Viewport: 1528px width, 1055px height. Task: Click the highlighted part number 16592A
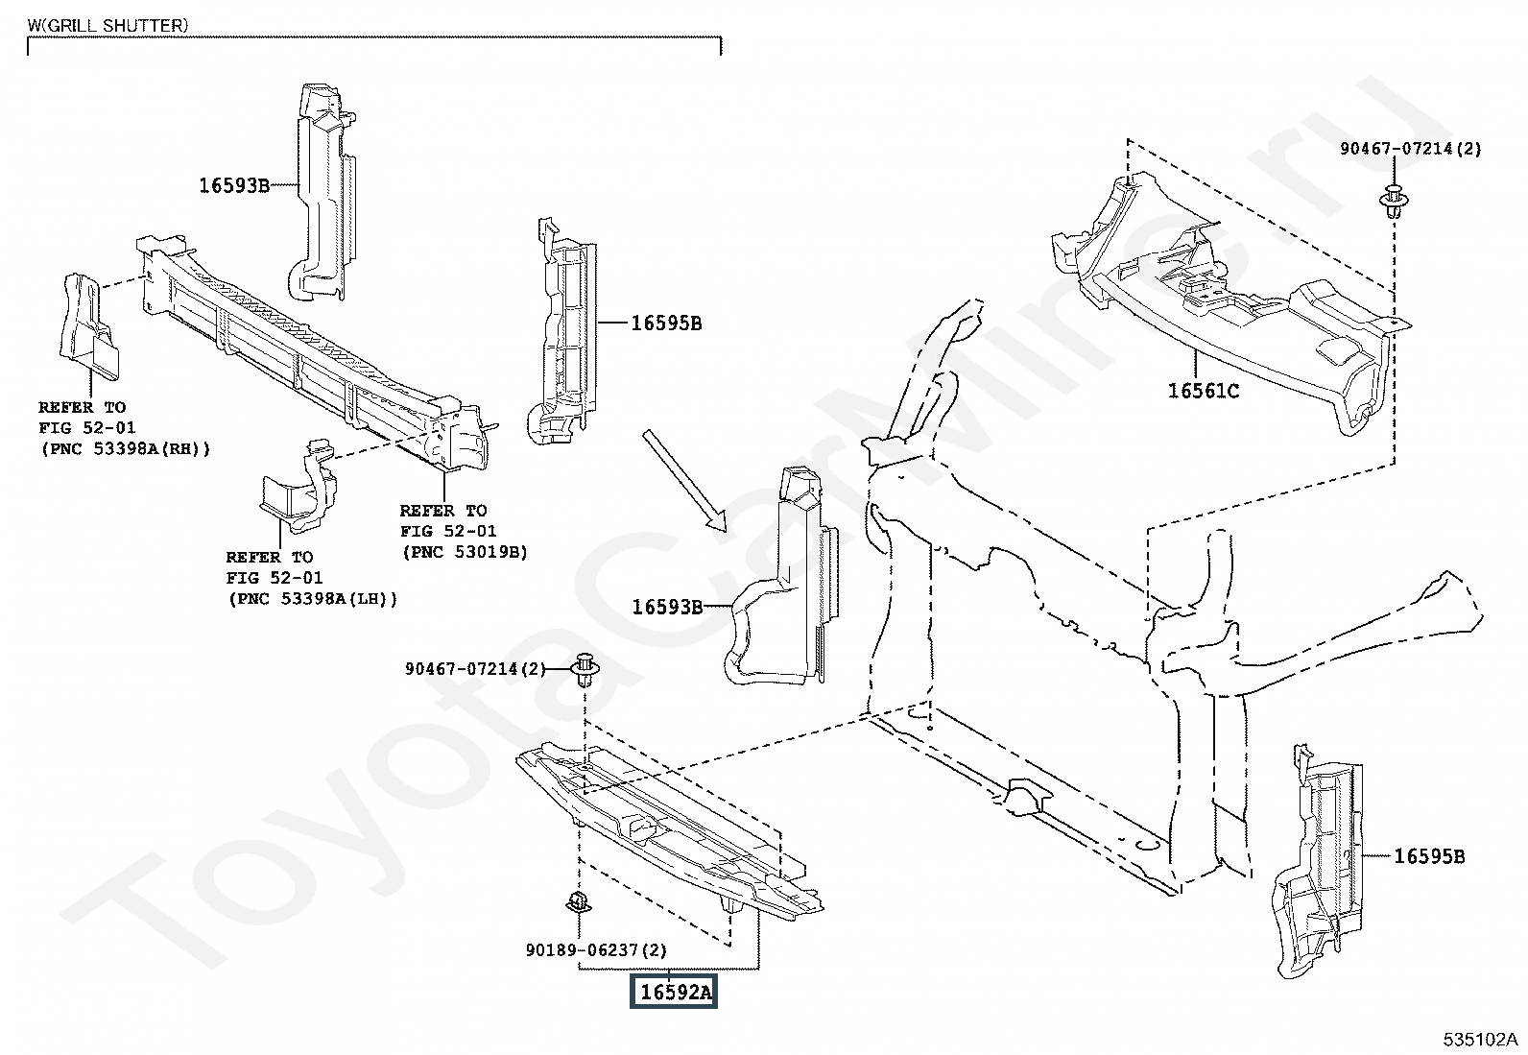[674, 992]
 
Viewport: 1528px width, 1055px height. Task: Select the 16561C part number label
[1203, 391]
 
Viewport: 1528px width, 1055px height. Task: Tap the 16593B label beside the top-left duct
[234, 186]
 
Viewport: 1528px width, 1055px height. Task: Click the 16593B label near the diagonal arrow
[667, 607]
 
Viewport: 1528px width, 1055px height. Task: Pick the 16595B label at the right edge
[1429, 856]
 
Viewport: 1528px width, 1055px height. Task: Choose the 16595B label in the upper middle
[666, 324]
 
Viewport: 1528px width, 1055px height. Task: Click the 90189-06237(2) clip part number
[596, 949]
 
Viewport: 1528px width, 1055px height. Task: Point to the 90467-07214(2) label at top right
[1411, 149]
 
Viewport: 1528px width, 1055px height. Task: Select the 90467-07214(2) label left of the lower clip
[474, 668]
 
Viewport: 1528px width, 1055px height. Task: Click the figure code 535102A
[1481, 1040]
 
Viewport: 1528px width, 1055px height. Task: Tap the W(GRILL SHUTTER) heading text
[108, 26]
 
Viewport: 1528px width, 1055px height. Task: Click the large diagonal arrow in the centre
[684, 480]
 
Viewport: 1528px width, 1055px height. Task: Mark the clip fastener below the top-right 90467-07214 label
[1392, 200]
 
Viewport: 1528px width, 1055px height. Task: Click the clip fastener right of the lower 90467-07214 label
[585, 667]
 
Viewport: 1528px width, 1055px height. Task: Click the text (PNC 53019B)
[464, 552]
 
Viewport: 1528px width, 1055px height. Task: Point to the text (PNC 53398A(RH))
[124, 448]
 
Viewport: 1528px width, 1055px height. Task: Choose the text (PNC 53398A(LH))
[312, 598]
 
